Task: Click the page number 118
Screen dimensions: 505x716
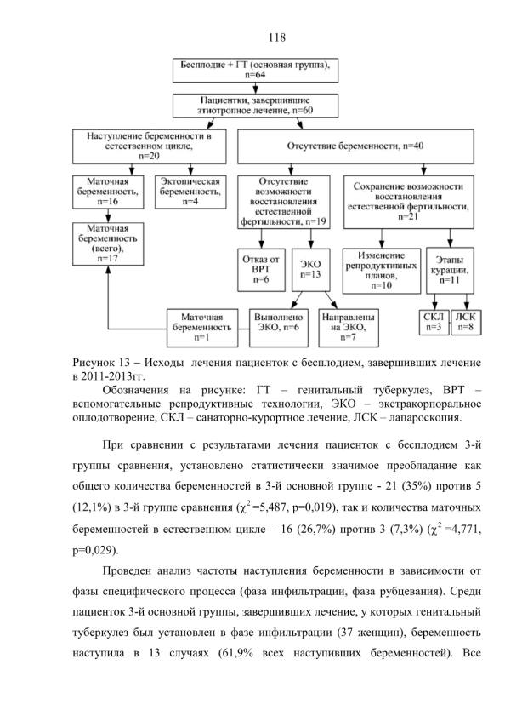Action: (277, 37)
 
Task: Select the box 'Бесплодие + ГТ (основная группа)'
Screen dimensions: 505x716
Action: (255, 71)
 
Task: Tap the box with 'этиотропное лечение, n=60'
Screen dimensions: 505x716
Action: (255, 106)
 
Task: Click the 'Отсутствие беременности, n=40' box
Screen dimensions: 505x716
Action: (355, 146)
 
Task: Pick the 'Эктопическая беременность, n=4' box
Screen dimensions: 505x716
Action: (190, 192)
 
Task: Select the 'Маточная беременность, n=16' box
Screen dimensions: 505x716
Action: (108, 192)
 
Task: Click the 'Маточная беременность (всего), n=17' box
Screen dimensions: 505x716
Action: (108, 243)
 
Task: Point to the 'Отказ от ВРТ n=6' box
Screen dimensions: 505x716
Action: (261, 270)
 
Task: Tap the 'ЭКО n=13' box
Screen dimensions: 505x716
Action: (310, 270)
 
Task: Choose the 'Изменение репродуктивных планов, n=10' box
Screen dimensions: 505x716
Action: (382, 271)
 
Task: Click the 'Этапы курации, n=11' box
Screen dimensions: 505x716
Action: (450, 271)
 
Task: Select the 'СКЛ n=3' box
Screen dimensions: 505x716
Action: (434, 323)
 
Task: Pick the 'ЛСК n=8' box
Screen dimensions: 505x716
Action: (466, 323)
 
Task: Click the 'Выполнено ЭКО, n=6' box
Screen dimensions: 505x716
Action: (278, 328)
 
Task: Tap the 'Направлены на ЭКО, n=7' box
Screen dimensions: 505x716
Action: (349, 328)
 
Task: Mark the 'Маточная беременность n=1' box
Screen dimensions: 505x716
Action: (202, 328)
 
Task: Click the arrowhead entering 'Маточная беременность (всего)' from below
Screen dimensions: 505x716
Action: (108, 269)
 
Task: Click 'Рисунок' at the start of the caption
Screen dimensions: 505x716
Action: (94, 363)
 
